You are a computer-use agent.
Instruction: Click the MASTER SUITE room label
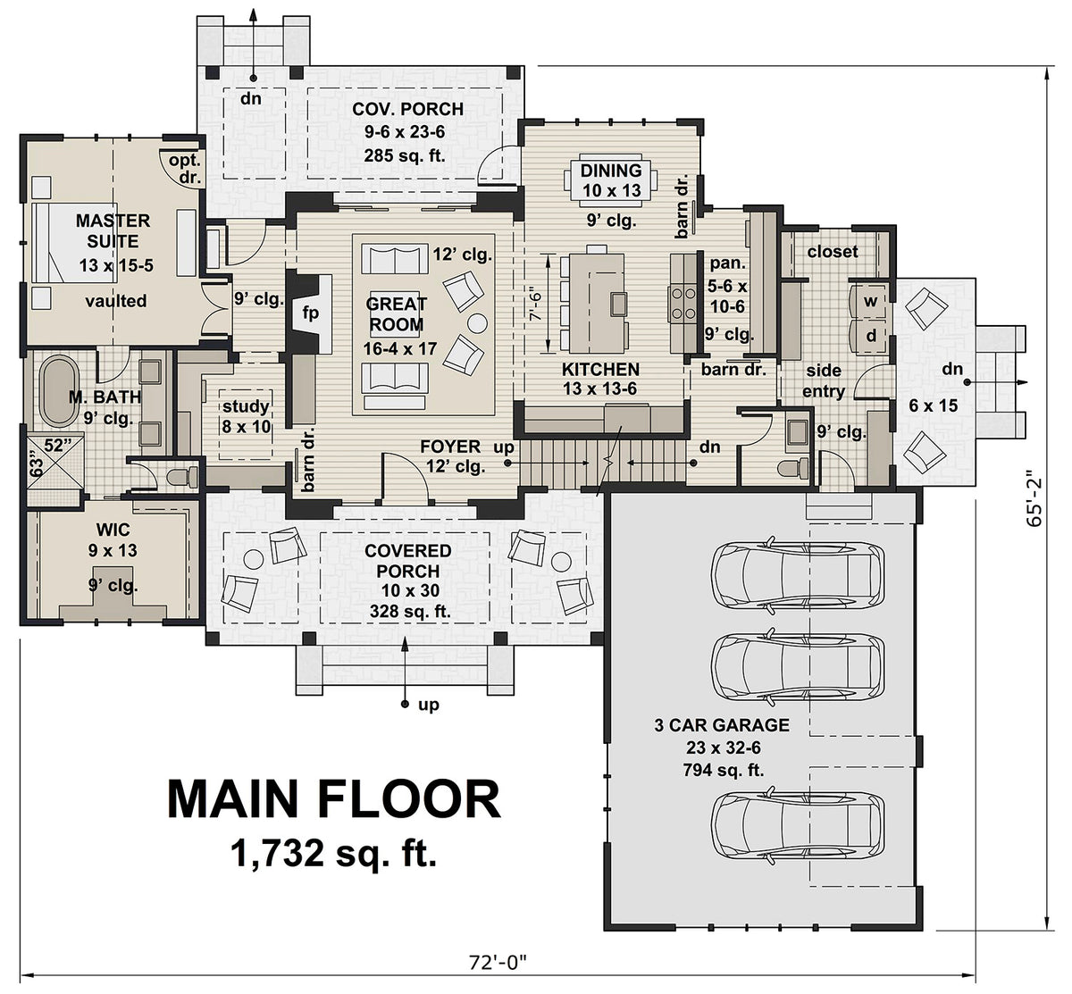113,230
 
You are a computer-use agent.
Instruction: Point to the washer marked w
869,301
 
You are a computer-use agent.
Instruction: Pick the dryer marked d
869,336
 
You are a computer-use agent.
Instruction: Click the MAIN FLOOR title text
334,799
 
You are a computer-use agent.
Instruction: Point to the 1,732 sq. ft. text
334,855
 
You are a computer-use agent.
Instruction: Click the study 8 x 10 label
246,417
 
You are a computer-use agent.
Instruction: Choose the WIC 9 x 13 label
112,540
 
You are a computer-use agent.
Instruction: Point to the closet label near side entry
832,252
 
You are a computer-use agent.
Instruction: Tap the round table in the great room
477,322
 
